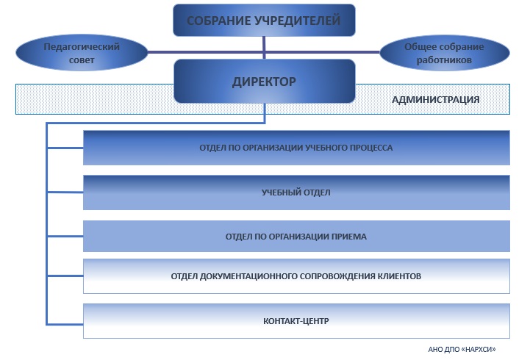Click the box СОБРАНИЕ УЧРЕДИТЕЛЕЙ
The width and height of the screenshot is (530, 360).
pyautogui.click(x=264, y=21)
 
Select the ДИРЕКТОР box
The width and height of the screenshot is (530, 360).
pyautogui.click(x=265, y=81)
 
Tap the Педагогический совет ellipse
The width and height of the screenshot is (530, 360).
pyautogui.click(x=82, y=53)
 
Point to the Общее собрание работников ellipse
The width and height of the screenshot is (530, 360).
pyautogui.click(x=445, y=53)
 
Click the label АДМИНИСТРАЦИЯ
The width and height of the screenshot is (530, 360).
pyautogui.click(x=436, y=100)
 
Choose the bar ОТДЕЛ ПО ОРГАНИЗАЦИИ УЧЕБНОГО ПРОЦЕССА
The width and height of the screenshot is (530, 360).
pyautogui.click(x=296, y=148)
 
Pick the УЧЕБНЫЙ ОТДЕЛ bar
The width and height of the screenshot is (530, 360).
pyautogui.click(x=296, y=192)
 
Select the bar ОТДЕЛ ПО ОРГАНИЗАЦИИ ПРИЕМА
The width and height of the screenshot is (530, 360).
pyautogui.click(x=296, y=236)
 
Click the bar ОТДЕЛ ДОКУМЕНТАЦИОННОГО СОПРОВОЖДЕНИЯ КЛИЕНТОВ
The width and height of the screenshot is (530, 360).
pyautogui.click(x=296, y=276)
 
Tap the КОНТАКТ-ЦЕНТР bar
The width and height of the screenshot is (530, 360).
pyautogui.click(x=296, y=321)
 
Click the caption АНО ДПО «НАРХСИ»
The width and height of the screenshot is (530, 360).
pyautogui.click(x=462, y=349)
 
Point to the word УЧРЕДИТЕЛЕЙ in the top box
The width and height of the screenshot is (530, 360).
pyautogui.click(x=297, y=21)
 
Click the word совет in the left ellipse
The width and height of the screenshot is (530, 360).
pyautogui.click(x=82, y=60)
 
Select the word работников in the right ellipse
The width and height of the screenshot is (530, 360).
pyautogui.click(x=444, y=60)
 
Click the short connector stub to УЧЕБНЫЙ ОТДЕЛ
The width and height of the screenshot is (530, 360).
pyautogui.click(x=65, y=192)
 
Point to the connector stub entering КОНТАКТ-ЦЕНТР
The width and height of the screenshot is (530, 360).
pyautogui.click(x=65, y=324)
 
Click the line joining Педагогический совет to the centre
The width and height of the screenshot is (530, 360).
pyautogui.click(x=206, y=52)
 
